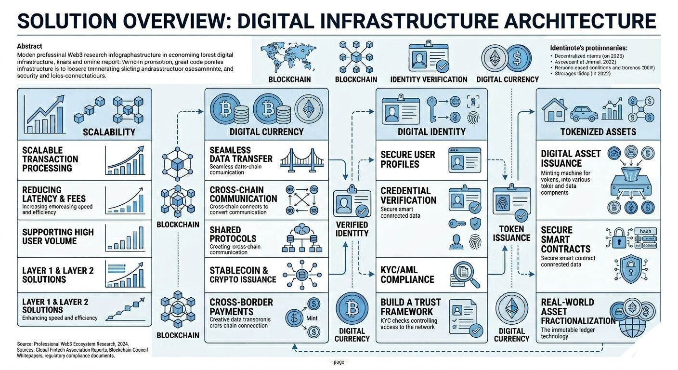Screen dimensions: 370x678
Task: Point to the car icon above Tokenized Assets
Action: click(584, 113)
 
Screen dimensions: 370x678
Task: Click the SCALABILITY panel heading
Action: click(109, 132)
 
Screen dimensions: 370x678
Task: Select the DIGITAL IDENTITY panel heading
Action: click(431, 132)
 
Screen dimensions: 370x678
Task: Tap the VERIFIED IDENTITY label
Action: click(352, 229)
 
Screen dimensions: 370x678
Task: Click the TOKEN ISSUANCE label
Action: click(511, 233)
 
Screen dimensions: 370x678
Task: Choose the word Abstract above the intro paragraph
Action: click(29, 46)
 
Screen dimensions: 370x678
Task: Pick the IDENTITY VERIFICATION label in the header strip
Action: click(429, 79)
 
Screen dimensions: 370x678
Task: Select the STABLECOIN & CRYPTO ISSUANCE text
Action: click(243, 275)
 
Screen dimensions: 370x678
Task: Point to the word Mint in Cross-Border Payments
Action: click(312, 318)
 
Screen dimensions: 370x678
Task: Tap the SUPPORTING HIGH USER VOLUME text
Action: click(58, 236)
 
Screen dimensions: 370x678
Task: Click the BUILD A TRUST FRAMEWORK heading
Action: click(410, 307)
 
